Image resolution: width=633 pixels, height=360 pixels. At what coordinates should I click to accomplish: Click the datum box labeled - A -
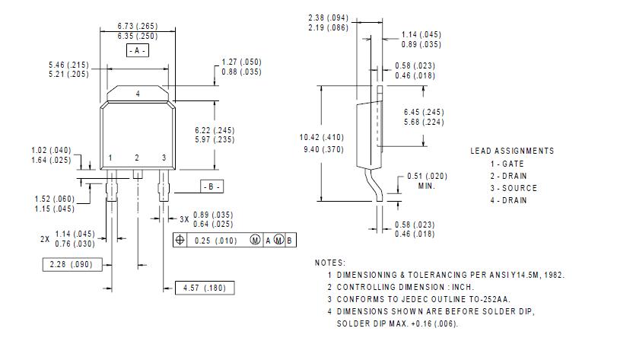(138, 50)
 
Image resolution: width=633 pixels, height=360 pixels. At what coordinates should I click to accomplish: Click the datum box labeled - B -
(212, 186)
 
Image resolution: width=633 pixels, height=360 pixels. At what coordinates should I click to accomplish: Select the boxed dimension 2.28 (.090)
(72, 264)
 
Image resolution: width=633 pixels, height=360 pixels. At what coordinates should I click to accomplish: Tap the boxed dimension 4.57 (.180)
(205, 288)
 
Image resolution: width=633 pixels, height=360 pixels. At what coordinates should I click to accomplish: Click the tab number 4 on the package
(138, 94)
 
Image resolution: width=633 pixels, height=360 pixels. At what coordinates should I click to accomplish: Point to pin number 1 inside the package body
(110, 158)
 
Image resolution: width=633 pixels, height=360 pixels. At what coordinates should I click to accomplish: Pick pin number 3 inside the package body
(164, 158)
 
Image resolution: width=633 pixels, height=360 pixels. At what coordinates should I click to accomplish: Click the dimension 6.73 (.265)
(138, 26)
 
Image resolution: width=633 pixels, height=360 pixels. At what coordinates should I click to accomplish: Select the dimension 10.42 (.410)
(322, 137)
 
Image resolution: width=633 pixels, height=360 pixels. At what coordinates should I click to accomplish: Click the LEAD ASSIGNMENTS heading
(512, 151)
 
